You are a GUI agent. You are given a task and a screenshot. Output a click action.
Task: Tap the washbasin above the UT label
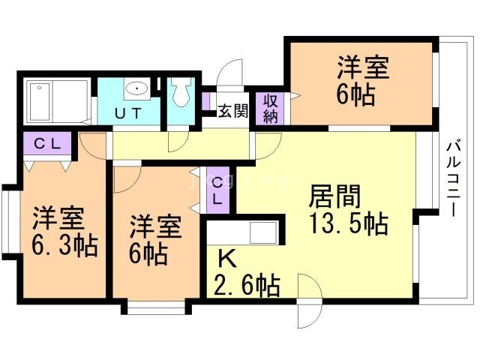[x=136, y=90]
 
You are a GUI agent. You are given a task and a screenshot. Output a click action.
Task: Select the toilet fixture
[x=179, y=94]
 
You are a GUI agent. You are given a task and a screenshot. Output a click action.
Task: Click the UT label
[x=130, y=113]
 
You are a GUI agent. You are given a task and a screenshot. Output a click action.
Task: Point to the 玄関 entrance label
[x=232, y=112]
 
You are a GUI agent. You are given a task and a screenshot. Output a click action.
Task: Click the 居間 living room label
[x=335, y=197]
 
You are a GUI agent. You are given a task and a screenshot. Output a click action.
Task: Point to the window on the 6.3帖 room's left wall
[x=7, y=222]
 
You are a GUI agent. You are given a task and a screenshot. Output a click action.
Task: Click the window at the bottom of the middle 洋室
[x=156, y=306]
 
